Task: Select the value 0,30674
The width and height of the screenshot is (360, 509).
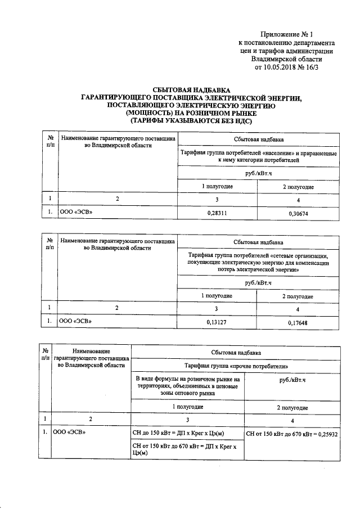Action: pos(298,214)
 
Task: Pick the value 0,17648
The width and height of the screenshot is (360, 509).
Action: pos(298,322)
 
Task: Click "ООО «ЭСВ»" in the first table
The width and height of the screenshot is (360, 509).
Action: pos(75,213)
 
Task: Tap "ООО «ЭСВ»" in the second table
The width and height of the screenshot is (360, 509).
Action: pos(75,321)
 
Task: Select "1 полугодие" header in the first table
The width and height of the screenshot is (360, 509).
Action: pos(217,186)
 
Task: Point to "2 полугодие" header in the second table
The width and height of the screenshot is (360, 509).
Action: pos(298,296)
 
